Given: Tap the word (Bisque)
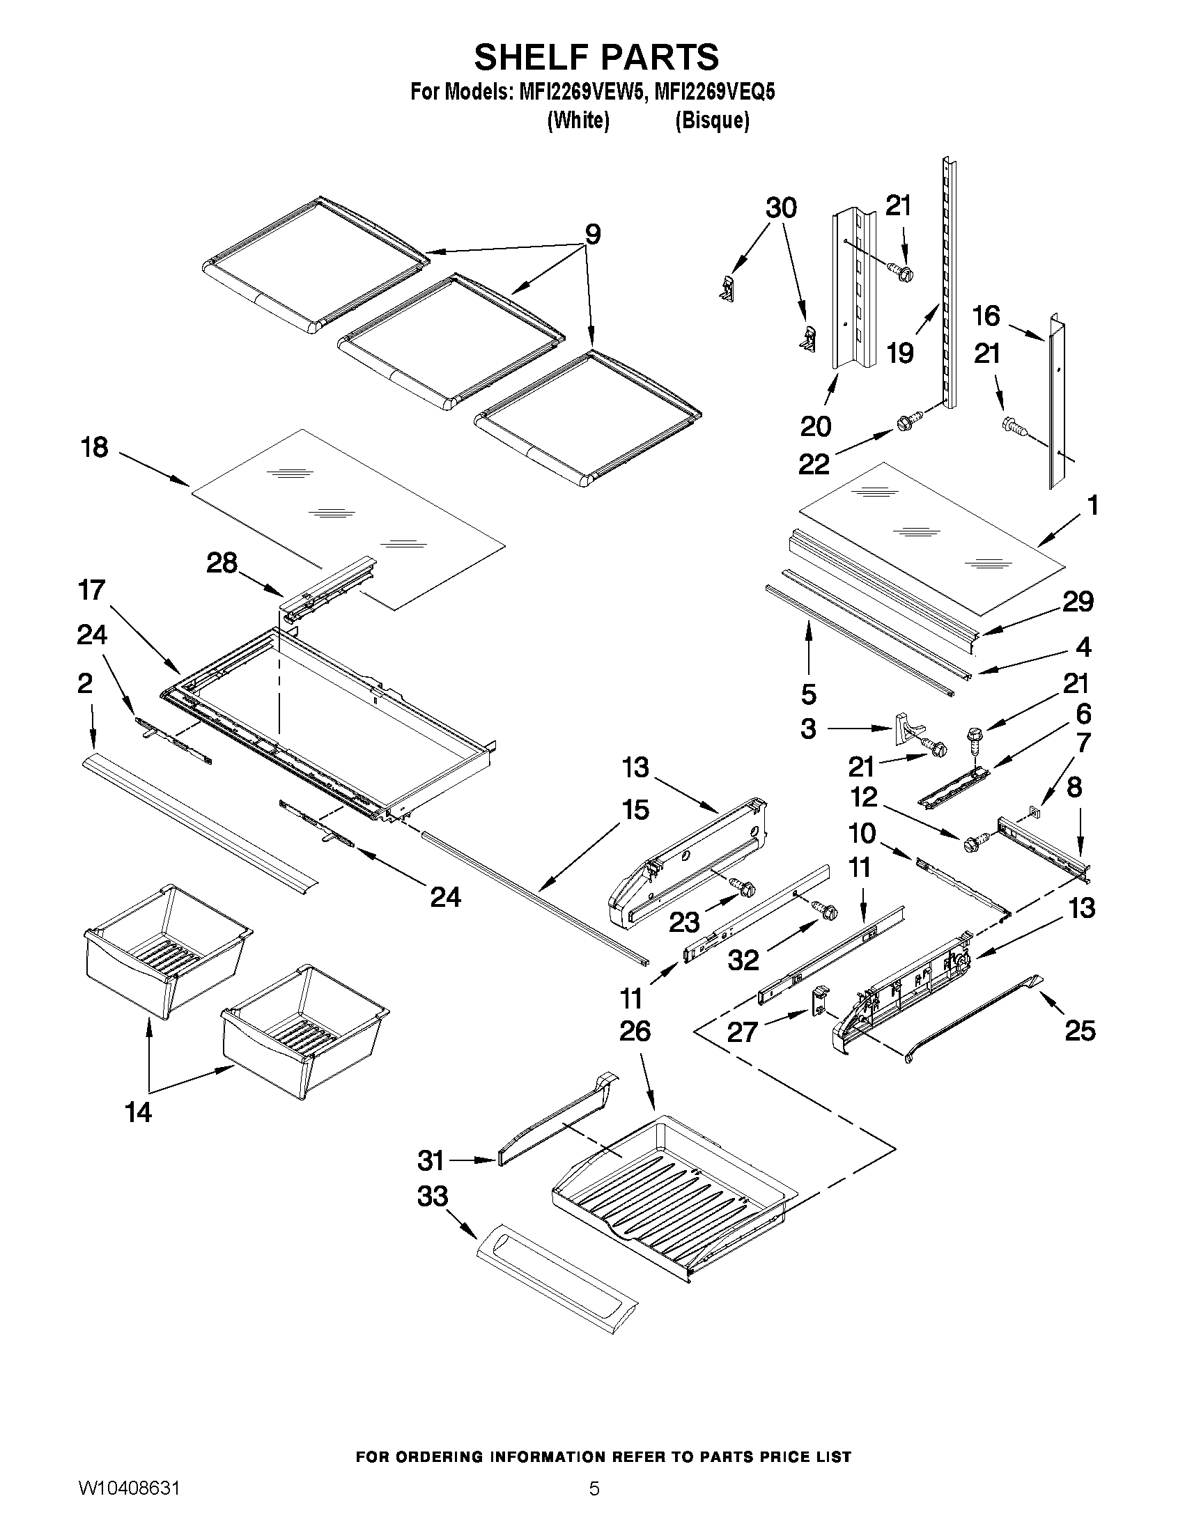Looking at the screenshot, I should (711, 120).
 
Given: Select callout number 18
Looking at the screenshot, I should (95, 446).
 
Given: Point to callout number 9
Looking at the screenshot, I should (592, 234).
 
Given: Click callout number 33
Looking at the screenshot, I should (433, 1196).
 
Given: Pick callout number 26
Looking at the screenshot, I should (635, 1031).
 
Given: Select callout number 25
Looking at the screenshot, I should (1080, 1030).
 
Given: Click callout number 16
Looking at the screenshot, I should (986, 316).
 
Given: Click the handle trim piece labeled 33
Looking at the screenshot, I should (556, 1282).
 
